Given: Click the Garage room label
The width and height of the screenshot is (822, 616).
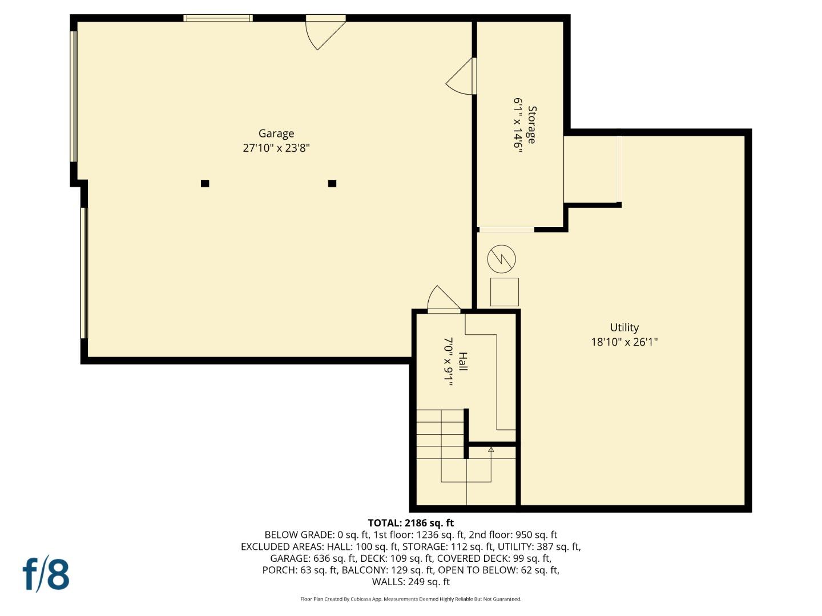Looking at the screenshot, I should click(276, 133).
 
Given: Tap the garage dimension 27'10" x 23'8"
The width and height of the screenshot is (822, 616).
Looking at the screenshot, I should click(276, 148).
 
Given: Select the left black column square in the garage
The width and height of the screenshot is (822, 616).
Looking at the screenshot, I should click(205, 184).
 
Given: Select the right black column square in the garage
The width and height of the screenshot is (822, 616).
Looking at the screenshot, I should click(332, 184).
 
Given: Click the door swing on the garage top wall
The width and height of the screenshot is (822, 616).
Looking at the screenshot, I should click(323, 33).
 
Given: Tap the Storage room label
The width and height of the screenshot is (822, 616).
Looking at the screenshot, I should click(531, 125).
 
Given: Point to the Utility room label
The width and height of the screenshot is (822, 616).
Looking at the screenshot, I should click(624, 327).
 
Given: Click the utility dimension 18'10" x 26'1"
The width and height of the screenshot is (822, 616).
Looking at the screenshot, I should click(624, 342).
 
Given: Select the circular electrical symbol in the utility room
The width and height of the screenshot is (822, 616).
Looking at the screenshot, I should click(501, 260).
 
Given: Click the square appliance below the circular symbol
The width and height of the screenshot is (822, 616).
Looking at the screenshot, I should click(505, 292).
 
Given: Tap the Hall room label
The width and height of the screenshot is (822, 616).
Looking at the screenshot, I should click(462, 362).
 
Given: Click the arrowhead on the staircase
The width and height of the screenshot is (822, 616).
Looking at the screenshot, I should click(491, 449).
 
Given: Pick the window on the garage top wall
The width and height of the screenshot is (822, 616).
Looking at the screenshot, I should click(217, 18).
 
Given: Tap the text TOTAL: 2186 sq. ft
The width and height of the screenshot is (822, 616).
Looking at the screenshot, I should click(410, 523).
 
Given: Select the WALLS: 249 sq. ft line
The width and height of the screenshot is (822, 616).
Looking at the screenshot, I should click(410, 582).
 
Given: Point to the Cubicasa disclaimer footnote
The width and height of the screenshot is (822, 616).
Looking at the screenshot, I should click(410, 599).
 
